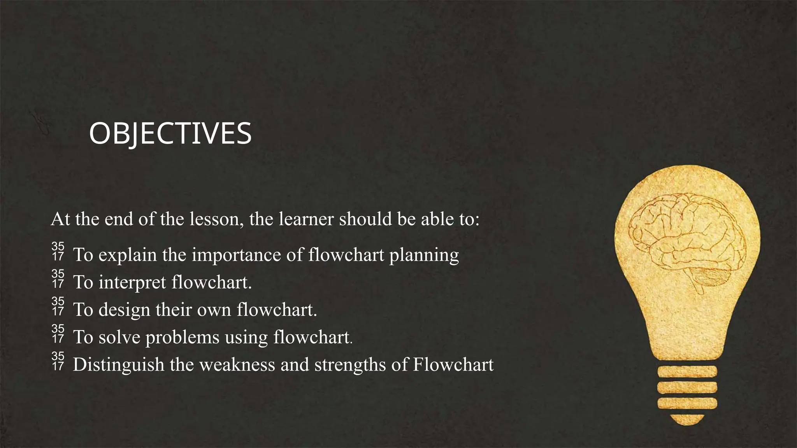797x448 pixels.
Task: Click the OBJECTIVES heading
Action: [170, 134]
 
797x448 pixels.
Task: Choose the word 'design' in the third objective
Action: [124, 310]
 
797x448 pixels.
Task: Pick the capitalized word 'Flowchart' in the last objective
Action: [453, 365]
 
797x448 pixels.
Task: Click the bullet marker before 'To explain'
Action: [58, 251]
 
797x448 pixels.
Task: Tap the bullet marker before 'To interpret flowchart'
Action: [58, 278]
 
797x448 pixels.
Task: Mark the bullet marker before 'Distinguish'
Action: [58, 361]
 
